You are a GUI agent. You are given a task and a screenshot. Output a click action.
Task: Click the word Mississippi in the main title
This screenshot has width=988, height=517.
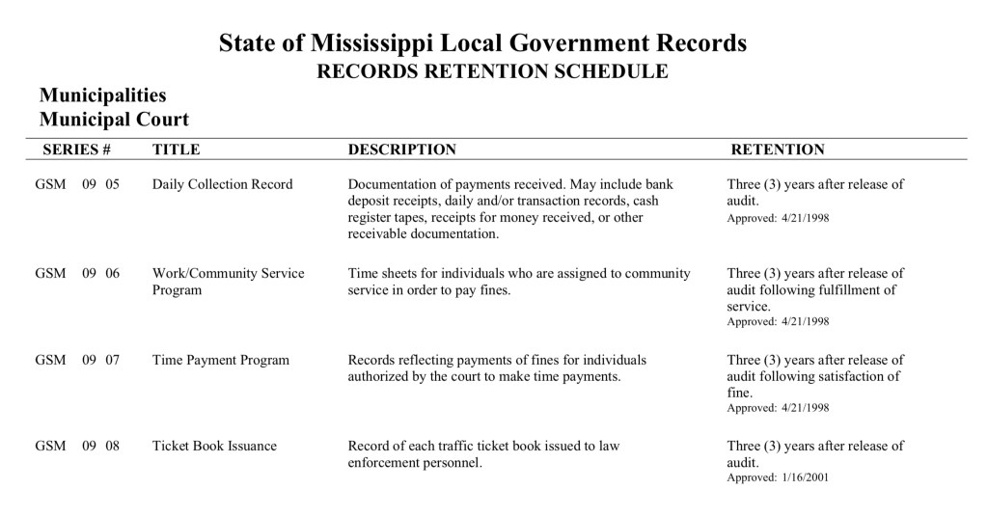pos(379,43)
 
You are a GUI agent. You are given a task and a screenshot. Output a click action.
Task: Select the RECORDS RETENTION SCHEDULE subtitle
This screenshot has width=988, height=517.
pos(492,71)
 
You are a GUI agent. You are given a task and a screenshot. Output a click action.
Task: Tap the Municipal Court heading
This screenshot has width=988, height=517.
pos(114,120)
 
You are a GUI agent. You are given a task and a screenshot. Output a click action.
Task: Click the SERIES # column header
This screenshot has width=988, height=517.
pos(77,150)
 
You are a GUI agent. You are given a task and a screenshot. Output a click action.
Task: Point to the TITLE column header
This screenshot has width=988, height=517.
pos(176,150)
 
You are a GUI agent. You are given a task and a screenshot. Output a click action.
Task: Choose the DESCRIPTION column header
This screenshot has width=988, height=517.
pos(401,150)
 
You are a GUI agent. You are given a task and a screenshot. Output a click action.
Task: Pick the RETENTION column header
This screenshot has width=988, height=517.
pos(778,150)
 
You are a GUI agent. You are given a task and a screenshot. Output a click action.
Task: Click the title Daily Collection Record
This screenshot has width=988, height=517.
pos(222,184)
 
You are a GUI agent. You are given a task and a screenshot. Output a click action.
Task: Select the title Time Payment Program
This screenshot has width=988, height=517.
pos(220,360)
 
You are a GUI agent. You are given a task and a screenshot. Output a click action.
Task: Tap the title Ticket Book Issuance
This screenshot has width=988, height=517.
pos(214,446)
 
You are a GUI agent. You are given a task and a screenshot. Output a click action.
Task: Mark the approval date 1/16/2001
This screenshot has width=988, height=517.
pos(802,477)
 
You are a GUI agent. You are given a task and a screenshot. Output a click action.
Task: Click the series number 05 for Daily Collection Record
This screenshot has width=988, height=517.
pos(112,184)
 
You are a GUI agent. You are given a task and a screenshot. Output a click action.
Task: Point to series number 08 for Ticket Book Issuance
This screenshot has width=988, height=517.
pos(112,446)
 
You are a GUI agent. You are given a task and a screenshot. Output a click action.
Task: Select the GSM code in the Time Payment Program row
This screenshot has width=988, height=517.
pos(50,360)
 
